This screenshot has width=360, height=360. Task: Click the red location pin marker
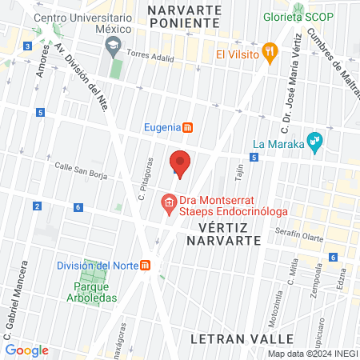pos(181,163)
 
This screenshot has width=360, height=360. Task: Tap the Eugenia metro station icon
pos(188,126)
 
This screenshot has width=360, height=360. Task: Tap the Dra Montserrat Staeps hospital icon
pos(169,205)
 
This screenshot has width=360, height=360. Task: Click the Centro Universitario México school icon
pos(112,42)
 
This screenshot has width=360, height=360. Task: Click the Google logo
pos(26,350)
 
